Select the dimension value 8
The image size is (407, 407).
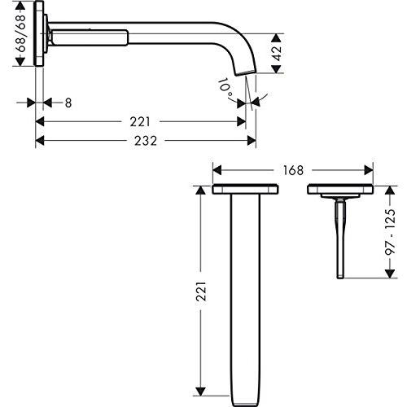(68, 103)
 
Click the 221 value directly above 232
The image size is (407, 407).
(140, 121)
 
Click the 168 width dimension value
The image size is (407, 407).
(294, 170)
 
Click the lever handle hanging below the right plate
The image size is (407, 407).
(340, 236)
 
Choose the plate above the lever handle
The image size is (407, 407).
(340, 190)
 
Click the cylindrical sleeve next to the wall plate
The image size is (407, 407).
(89, 37)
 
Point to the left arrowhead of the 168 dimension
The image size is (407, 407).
(217, 170)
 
